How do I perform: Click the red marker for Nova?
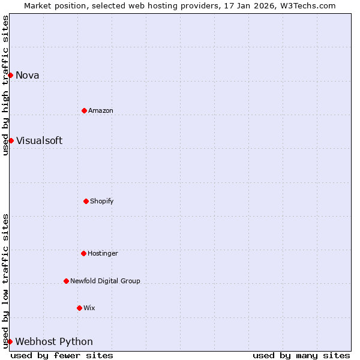coord(11,75)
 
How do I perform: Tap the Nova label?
coord(28,75)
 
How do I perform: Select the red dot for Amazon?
coord(84,110)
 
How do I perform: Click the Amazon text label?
coord(101,110)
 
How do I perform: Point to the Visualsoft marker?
coord(11,140)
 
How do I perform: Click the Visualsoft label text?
coord(39,140)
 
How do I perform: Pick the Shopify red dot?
coord(86,201)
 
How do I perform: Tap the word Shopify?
coord(102,201)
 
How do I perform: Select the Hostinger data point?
coord(83,253)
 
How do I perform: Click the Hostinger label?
coord(103,253)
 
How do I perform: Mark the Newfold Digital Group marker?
coord(66,281)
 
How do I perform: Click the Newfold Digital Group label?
coord(105,281)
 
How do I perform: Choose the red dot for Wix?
coord(79,308)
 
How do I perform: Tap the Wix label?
coord(89,308)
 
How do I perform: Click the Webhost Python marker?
coord(10,341)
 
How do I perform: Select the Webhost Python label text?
coord(54,341)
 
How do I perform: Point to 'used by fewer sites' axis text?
coord(62,355)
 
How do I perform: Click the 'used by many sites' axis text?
coord(301,355)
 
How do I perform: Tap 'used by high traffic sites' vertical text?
coord(5,85)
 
